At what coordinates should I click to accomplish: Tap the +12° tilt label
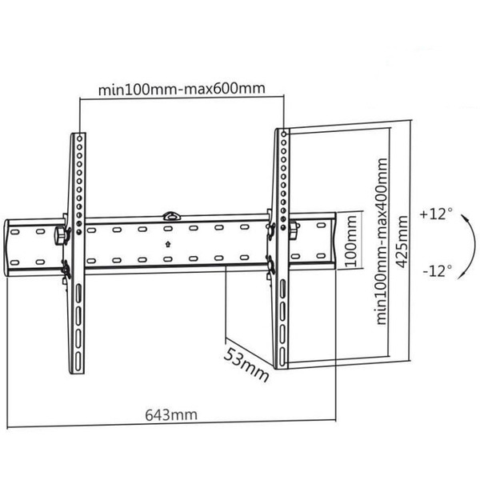pos(436,214)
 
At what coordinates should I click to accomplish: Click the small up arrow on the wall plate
pos(166,243)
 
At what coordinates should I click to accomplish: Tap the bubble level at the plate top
pos(171,214)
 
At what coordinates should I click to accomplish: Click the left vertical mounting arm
pos(77,256)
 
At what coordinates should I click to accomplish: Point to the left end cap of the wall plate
pos(18,245)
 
